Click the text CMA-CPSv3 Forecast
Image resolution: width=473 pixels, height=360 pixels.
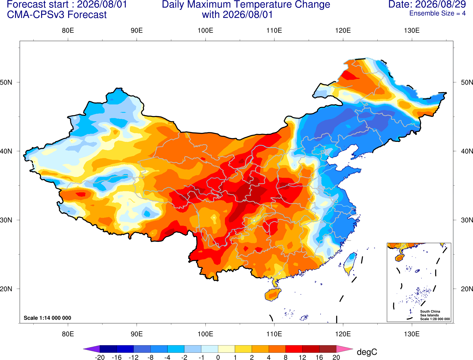[x=57, y=15]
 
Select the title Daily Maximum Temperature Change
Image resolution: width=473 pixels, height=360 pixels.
[x=246, y=4]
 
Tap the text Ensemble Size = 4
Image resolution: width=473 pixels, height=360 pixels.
[x=437, y=13]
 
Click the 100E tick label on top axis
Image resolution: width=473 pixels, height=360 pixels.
[x=205, y=30]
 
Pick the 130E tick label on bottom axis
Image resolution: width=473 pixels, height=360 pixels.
[x=412, y=334]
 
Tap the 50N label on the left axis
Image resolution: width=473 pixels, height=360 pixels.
[x=6, y=82]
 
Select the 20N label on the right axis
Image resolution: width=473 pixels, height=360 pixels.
[x=467, y=289]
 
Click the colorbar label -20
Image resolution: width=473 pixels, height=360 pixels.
[x=100, y=357]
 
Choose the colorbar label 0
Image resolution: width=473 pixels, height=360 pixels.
[x=218, y=357]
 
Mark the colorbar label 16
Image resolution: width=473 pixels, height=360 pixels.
[x=319, y=357]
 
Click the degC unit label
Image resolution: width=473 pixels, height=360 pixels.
[x=367, y=352]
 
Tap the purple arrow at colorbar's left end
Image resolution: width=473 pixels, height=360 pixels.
[x=92, y=349]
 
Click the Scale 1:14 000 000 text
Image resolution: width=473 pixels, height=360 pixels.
[x=48, y=318]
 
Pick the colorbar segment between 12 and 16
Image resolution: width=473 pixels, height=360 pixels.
[x=311, y=349]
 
